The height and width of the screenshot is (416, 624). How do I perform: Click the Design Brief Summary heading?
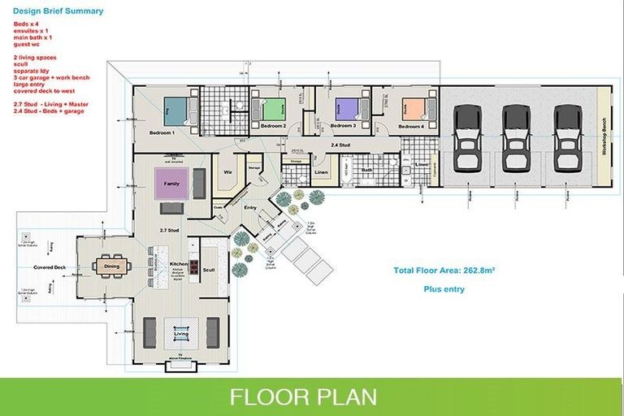(58, 11)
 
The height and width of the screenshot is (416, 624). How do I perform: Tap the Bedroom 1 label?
(162, 132)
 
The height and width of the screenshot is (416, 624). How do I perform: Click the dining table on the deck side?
(111, 266)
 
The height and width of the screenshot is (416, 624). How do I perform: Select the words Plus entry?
(444, 288)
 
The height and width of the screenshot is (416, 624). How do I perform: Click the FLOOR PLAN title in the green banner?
(303, 396)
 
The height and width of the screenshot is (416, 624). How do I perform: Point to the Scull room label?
(209, 269)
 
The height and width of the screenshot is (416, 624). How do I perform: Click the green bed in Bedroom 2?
(275, 108)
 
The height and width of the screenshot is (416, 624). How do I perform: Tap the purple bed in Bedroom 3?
(347, 108)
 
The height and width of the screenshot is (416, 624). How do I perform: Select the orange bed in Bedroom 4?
(414, 108)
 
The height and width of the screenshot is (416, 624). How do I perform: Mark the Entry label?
(250, 207)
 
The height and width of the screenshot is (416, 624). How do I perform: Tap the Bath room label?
(367, 170)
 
